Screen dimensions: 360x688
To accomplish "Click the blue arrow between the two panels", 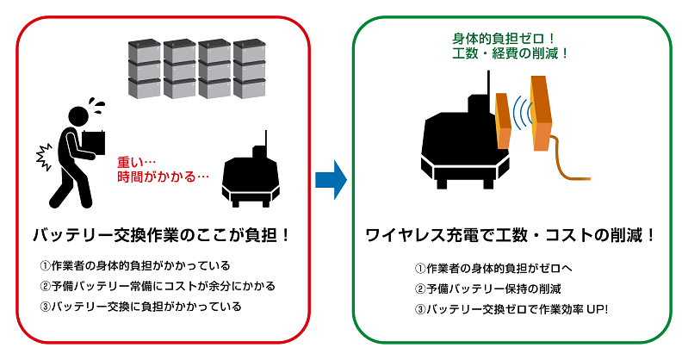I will tap(331, 180).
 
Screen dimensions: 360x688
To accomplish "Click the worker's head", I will tap(79, 115).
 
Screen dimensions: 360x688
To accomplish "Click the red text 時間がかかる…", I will tap(164, 177).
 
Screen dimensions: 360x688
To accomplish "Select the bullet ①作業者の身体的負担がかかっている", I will tap(134, 265).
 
